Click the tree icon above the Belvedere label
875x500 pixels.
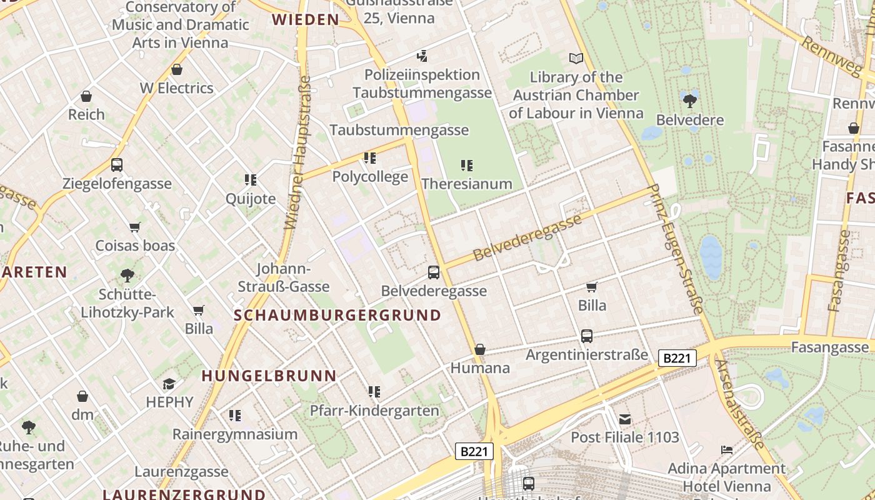click(690, 101)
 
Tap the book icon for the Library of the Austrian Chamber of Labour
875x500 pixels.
click(576, 58)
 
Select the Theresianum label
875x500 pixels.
click(467, 184)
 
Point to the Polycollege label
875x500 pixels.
click(370, 176)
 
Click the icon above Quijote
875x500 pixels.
click(251, 180)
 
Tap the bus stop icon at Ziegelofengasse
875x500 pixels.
click(117, 165)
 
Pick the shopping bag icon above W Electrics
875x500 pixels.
click(177, 69)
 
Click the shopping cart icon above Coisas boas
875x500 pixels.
click(135, 227)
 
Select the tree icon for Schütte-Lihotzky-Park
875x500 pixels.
click(127, 275)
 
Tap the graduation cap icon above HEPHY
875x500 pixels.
click(169, 383)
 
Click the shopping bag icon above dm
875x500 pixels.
click(82, 396)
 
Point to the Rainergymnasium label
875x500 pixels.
click(235, 434)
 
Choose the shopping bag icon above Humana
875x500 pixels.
click(480, 349)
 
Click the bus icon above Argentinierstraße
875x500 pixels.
click(587, 336)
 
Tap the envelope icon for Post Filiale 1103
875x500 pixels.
click(625, 419)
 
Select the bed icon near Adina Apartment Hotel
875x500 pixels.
click(726, 449)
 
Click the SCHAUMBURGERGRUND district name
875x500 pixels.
click(337, 315)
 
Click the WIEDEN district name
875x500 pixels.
click(306, 19)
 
